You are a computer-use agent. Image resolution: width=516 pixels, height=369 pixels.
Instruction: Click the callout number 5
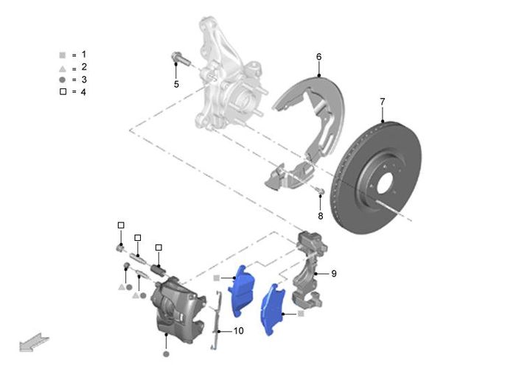point(176,84)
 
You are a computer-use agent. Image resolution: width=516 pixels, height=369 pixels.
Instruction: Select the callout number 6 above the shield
point(318,57)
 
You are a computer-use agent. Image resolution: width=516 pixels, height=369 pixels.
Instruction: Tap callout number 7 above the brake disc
point(382,102)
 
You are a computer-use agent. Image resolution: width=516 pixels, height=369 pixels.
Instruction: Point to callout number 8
point(320,216)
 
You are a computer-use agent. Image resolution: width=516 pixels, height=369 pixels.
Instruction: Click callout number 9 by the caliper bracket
point(334,274)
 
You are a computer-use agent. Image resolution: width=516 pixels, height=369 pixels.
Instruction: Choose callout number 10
point(239,331)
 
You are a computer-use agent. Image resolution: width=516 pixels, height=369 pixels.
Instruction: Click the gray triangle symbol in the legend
point(62,69)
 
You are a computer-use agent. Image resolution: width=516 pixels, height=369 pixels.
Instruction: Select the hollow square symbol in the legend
point(63,91)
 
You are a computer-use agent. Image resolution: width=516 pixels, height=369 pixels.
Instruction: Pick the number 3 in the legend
point(84,80)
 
